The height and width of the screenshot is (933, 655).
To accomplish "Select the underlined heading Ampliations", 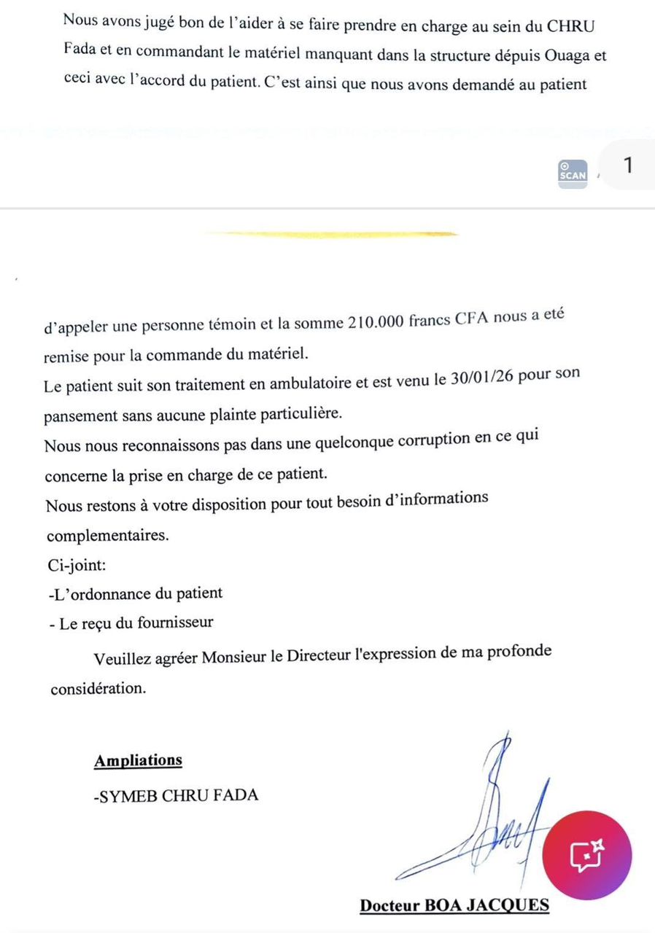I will [138, 760].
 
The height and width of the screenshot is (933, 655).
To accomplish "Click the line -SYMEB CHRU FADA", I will [176, 795].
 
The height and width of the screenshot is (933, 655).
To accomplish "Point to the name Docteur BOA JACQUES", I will [454, 905].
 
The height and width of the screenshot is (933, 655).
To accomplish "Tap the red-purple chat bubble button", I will [588, 855].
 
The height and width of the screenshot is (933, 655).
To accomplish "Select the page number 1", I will [628, 165].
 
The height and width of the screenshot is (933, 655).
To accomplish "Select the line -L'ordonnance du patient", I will [134, 593].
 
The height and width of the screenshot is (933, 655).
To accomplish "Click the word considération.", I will [98, 688].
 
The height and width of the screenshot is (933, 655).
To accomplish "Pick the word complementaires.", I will [107, 536].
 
